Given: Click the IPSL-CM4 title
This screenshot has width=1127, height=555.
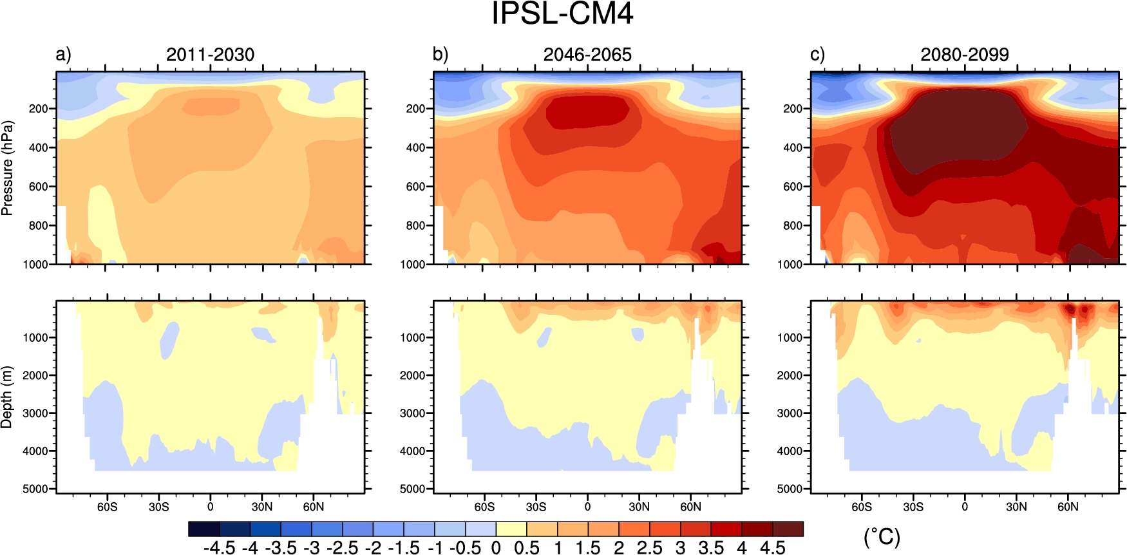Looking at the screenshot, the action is click(x=562, y=14).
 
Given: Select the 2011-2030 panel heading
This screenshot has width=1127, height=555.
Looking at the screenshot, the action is click(x=210, y=55).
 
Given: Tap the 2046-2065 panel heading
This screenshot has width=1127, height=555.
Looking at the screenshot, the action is click(x=587, y=55).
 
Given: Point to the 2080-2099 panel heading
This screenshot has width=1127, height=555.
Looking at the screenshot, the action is click(x=964, y=55).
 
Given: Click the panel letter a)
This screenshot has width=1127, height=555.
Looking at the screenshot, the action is click(x=63, y=55).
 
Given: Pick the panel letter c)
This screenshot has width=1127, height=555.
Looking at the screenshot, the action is click(x=817, y=55).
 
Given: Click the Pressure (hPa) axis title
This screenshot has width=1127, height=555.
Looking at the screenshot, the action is click(x=7, y=167).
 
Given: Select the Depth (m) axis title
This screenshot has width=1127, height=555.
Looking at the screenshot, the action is click(x=7, y=397).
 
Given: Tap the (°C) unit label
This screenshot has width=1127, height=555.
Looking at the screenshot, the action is click(x=882, y=537).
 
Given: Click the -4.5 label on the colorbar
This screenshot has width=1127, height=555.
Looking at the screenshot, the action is click(x=219, y=548).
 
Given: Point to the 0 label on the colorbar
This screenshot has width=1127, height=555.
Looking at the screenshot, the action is click(x=496, y=548).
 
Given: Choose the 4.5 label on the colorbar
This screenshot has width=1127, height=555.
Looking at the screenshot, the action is click(x=773, y=548).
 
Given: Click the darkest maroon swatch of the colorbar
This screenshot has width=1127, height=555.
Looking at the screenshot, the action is click(x=788, y=529).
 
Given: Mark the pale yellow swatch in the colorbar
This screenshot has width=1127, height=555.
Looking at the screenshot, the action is click(x=511, y=529).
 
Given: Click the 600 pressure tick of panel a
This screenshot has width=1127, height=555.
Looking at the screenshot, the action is click(x=38, y=187).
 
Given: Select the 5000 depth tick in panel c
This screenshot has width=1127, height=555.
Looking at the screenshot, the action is click(x=790, y=489).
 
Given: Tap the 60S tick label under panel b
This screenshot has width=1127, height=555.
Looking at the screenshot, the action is click(x=484, y=507).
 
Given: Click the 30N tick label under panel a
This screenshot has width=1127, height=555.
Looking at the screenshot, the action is click(x=261, y=507).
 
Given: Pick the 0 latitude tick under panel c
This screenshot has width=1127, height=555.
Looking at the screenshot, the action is click(x=964, y=507).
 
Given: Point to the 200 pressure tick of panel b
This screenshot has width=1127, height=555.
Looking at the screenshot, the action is click(x=415, y=109).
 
